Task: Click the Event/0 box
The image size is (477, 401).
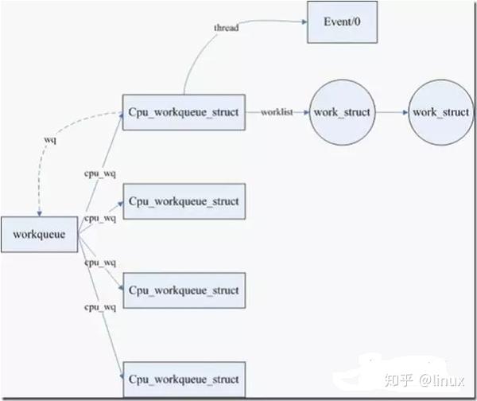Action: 342,22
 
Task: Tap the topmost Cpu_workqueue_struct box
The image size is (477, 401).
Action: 184,112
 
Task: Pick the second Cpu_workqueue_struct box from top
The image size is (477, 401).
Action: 184,201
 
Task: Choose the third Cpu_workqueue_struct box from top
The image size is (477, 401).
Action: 184,290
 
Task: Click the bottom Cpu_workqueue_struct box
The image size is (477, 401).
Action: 184,380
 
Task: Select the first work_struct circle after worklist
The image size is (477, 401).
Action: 342,112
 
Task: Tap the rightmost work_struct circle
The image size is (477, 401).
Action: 440,112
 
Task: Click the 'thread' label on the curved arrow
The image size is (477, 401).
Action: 226,28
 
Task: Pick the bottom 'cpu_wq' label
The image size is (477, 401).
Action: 100,306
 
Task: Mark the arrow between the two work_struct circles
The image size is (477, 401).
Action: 392,112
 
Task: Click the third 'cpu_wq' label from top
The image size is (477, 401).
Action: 100,263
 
